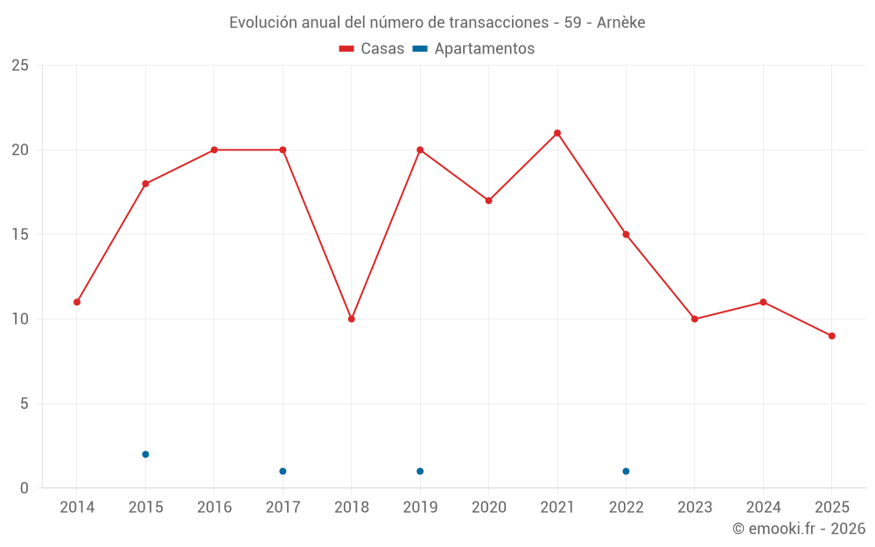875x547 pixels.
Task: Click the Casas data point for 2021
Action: click(x=557, y=133)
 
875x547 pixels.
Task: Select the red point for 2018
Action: click(x=352, y=319)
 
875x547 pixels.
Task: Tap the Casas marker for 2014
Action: click(x=77, y=302)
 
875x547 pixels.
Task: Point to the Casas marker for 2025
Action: click(x=832, y=336)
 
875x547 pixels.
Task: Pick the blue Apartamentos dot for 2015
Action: click(x=145, y=454)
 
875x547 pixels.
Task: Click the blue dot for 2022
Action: click(x=626, y=471)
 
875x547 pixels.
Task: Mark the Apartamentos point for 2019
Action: click(x=420, y=471)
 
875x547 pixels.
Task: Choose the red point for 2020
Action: click(x=488, y=200)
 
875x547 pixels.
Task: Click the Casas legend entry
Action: click(x=372, y=49)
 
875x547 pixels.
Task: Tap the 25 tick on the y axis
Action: click(x=20, y=66)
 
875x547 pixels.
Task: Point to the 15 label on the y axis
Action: click(x=20, y=235)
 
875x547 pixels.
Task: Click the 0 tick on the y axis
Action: click(x=24, y=488)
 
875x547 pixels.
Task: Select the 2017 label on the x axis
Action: click(x=283, y=508)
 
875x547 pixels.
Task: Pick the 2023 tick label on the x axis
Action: click(x=695, y=508)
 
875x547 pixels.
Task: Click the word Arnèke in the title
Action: click(x=620, y=23)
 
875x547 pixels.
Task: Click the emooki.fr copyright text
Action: click(x=799, y=529)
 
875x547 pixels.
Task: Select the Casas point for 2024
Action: click(x=763, y=302)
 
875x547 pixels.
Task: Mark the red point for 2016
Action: click(x=214, y=150)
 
